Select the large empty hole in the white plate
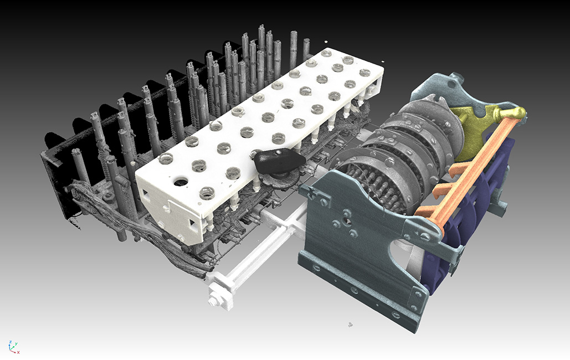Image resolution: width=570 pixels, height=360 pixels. tap(180, 181)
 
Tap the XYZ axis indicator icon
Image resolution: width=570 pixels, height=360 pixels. tap(13, 346)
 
